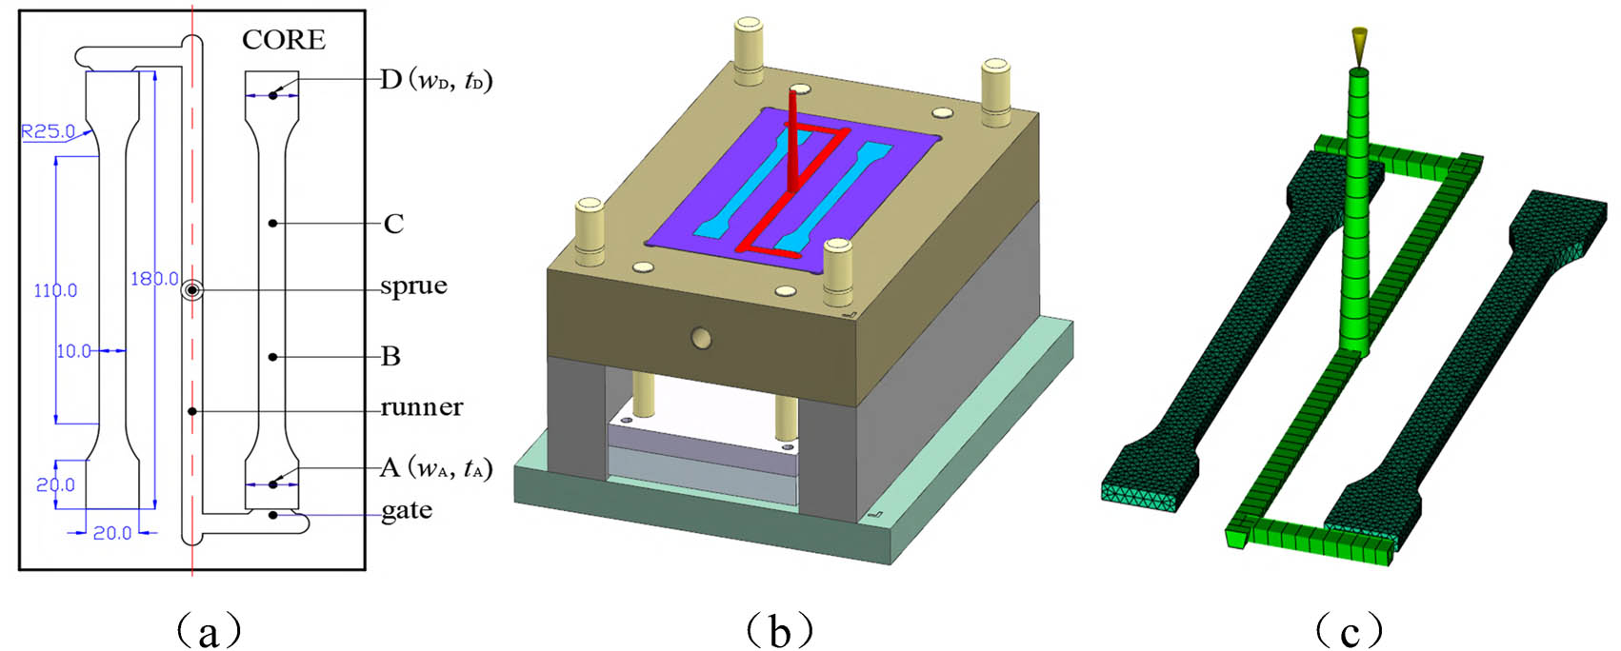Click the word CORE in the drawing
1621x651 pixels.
point(283,40)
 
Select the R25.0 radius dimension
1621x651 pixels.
point(48,131)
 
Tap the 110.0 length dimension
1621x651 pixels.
point(55,290)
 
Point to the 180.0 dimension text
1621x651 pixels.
point(154,279)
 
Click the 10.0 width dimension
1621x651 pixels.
point(73,351)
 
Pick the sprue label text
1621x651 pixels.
point(413,286)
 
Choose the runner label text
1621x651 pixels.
point(421,407)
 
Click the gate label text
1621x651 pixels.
point(406,511)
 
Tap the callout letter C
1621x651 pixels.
point(393,225)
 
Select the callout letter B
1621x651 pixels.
point(390,357)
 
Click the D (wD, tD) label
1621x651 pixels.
point(435,80)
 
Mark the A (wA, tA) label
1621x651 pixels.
point(435,468)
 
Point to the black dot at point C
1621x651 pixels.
point(272,224)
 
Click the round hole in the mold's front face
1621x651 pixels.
point(702,337)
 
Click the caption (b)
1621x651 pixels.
point(779,629)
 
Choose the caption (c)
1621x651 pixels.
point(1349,629)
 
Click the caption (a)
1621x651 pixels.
point(209,629)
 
